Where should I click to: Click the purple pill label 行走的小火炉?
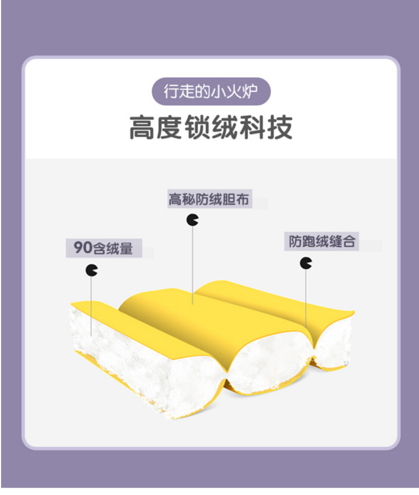click(x=211, y=92)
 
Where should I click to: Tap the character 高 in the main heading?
click(x=143, y=128)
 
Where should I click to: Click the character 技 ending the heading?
click(x=279, y=128)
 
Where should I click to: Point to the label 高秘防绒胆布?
click(x=208, y=200)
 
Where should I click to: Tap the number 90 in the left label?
click(x=82, y=247)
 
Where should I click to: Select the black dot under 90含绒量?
click(x=92, y=270)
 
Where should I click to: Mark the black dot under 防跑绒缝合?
click(x=306, y=262)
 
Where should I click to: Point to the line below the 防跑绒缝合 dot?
click(x=306, y=297)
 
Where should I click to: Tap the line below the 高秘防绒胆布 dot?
click(x=193, y=265)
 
